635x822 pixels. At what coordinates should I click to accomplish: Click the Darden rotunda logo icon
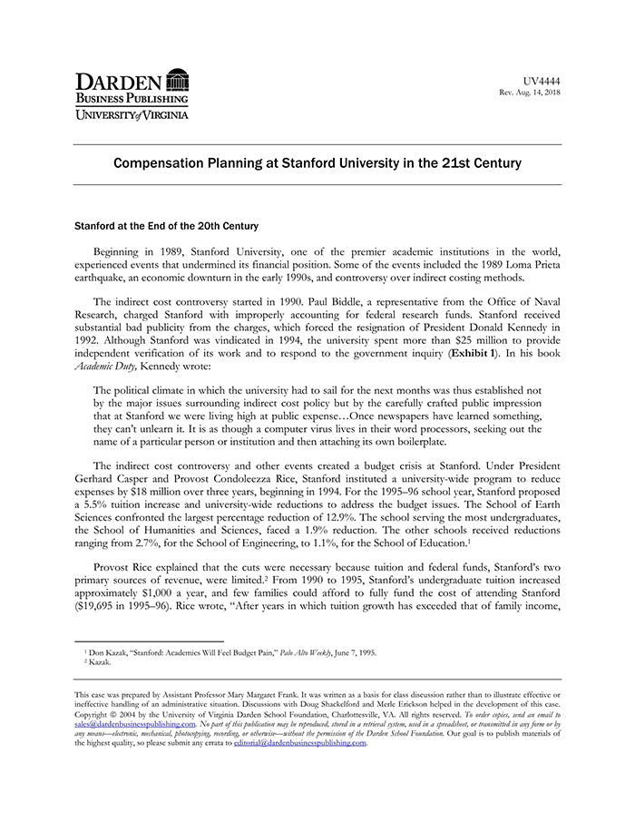(178, 79)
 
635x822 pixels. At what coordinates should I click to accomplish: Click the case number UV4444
(542, 81)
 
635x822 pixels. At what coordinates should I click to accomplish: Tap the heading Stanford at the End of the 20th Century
(166, 225)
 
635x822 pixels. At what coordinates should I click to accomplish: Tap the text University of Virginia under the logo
(132, 115)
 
